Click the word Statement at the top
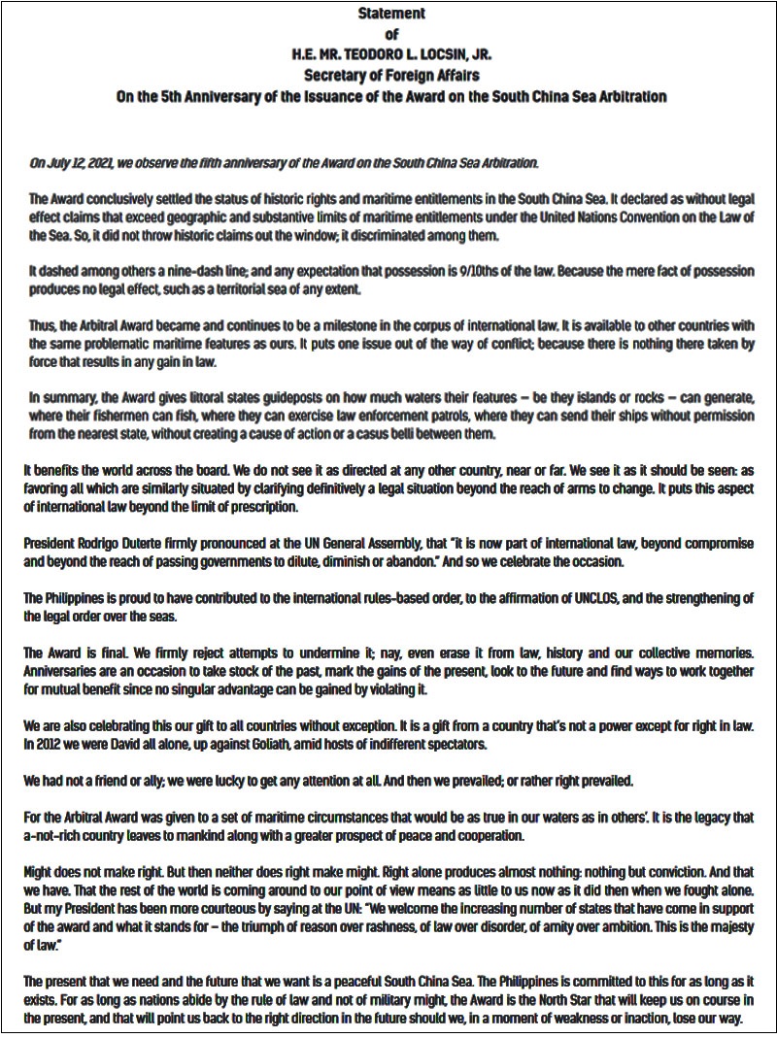pyautogui.click(x=391, y=14)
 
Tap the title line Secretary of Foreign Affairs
pyautogui.click(x=391, y=75)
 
